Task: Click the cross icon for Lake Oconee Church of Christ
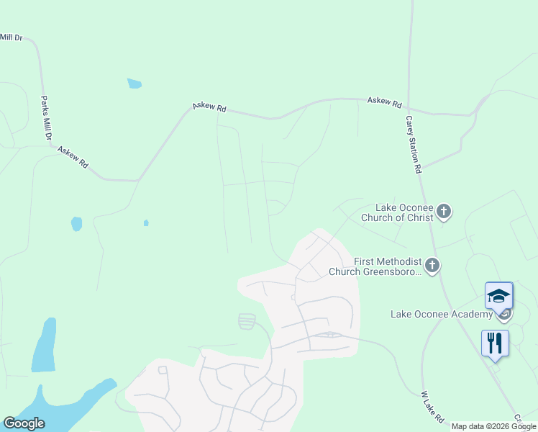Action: [x=444, y=212]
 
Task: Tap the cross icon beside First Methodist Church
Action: [x=432, y=266]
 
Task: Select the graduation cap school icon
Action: [x=498, y=296]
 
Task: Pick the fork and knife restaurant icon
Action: [x=495, y=343]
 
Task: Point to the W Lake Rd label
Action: [x=432, y=407]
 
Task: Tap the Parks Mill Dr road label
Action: [x=46, y=119]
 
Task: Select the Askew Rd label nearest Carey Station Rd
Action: [x=384, y=102]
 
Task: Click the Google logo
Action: [x=24, y=423]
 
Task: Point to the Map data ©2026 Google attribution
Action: [x=494, y=426]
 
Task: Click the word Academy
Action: [x=472, y=314]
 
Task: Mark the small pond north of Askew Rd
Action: [x=134, y=84]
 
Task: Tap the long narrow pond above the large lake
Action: [x=44, y=346]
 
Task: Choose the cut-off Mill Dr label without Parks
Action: [x=12, y=37]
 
